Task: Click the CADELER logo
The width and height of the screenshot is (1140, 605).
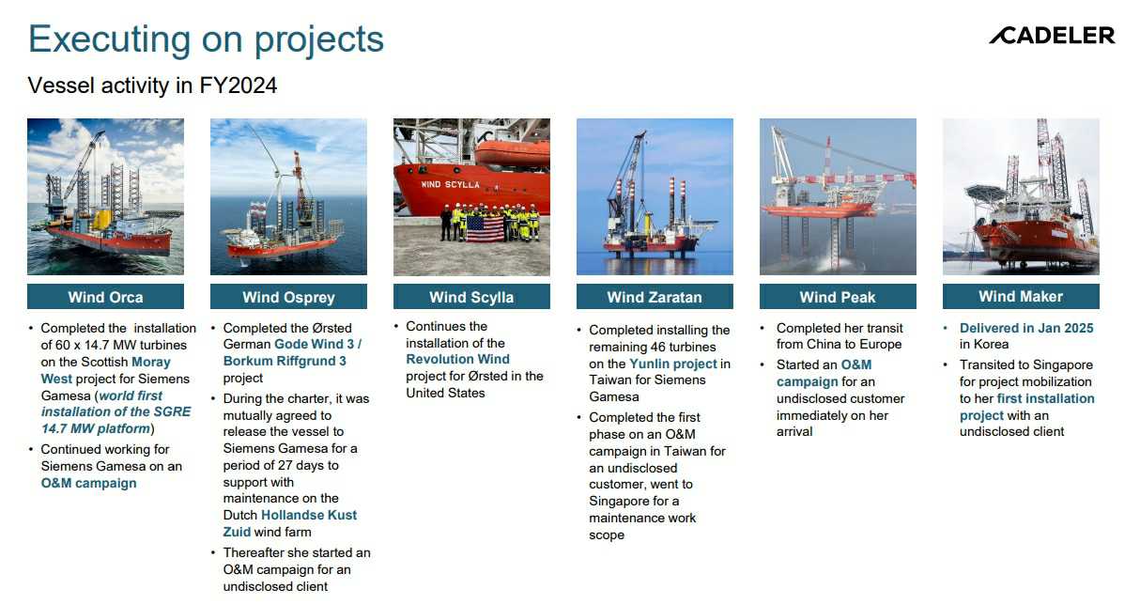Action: [x=1052, y=35]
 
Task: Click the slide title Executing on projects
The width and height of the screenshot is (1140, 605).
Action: [x=206, y=39]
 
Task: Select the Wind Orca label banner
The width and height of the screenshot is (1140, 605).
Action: [x=105, y=296]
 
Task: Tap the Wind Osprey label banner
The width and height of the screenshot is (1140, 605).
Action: [x=288, y=296]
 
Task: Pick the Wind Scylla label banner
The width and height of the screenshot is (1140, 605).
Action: [x=471, y=296]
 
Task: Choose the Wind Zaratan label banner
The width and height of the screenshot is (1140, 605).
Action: [x=655, y=296]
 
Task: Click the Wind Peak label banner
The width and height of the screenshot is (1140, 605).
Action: [x=838, y=296]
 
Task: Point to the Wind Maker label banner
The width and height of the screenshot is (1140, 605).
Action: [x=1021, y=296]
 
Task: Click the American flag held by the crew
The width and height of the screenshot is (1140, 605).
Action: [x=485, y=228]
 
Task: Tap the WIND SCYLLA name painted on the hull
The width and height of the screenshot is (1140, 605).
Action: [x=450, y=184]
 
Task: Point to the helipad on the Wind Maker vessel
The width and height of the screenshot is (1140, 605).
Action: [x=985, y=193]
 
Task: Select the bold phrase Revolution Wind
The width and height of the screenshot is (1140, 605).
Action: [x=457, y=359]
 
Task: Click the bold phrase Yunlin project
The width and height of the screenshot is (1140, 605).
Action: [x=672, y=364]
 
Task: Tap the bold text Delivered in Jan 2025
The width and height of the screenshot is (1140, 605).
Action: [x=1026, y=328]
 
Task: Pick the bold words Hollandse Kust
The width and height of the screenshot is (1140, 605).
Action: [x=309, y=515]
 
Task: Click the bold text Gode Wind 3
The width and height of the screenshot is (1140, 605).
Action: [x=314, y=344]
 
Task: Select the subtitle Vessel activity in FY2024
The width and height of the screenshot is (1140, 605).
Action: [x=152, y=85]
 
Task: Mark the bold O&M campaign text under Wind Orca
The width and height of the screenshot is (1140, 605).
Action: [x=88, y=483]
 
